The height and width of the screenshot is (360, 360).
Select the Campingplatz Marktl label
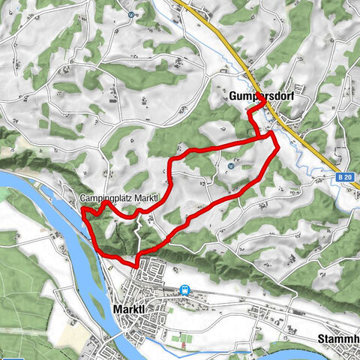pyautogui.click(x=120, y=198)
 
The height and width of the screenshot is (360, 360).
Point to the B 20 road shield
pyautogui.click(x=344, y=178)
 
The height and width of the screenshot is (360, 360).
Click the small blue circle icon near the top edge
pyautogui.click(x=131, y=14)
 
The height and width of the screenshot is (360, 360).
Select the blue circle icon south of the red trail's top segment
pyautogui.click(x=231, y=166)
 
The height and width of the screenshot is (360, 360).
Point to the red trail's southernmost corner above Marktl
pyautogui.click(x=136, y=265)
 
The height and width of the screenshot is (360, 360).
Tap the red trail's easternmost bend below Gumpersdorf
pyautogui.click(x=277, y=147)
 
